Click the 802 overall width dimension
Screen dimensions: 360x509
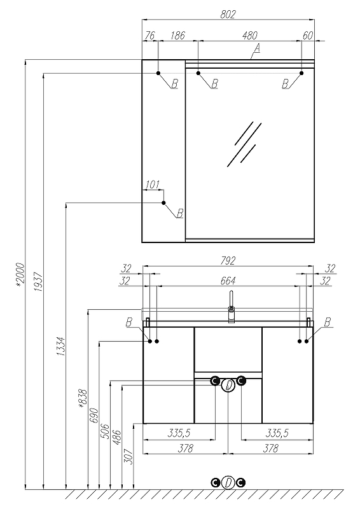(228, 15)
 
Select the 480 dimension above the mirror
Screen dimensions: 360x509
(250, 36)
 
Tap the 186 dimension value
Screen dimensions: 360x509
(177, 36)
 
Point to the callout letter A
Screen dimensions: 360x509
(257, 48)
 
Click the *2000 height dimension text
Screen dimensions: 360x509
(20, 275)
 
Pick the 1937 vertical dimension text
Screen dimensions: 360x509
(38, 281)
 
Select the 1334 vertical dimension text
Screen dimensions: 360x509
(61, 346)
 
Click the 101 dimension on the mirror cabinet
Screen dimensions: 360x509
(151, 185)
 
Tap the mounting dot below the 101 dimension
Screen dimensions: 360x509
(163, 203)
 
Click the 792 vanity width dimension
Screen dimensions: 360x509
(228, 261)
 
